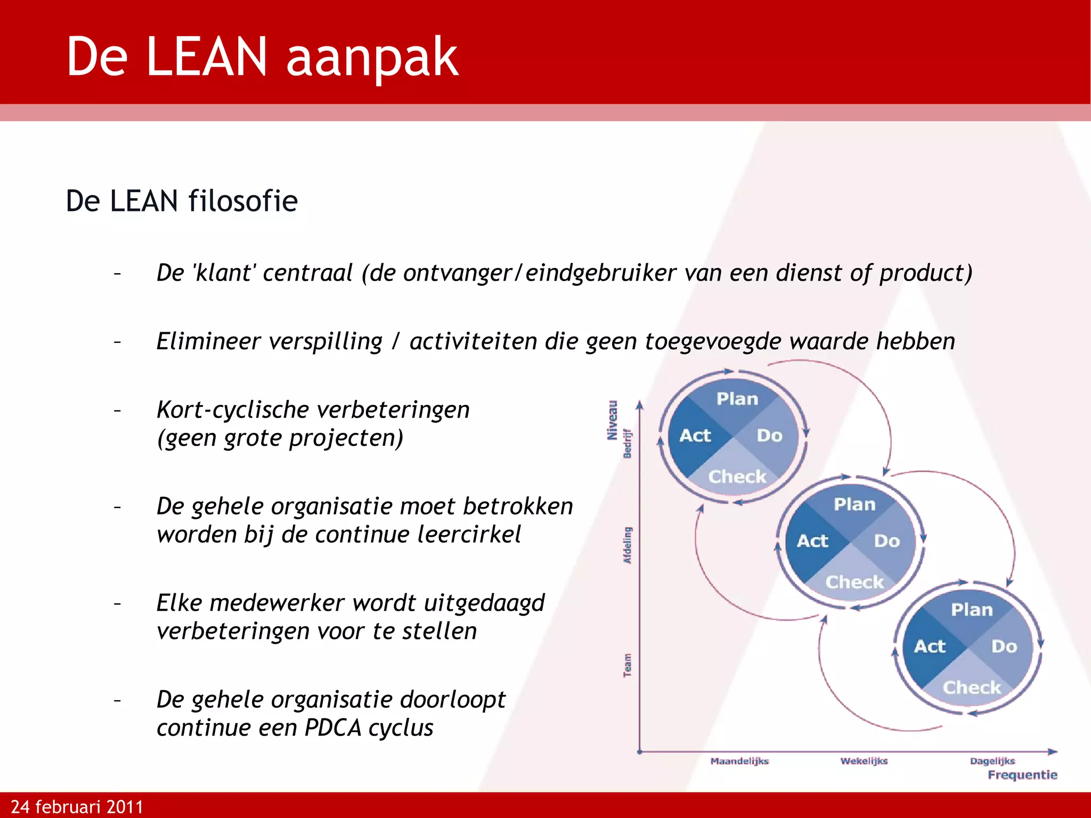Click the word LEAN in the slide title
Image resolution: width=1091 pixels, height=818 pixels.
(x=206, y=56)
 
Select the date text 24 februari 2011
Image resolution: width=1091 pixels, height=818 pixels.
(x=77, y=807)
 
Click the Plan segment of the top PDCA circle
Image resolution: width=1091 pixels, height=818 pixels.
(x=737, y=399)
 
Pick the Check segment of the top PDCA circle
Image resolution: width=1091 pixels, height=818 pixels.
(x=737, y=476)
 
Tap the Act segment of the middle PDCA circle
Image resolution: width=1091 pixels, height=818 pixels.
(x=812, y=541)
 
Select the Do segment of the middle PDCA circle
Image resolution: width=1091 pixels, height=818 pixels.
(x=887, y=541)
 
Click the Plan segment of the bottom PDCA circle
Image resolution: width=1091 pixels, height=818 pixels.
(x=972, y=610)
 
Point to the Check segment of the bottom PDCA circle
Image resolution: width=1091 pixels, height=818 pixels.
(x=972, y=688)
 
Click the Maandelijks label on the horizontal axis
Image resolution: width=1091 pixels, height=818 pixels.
(x=739, y=761)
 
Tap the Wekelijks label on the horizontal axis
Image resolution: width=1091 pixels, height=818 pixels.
(x=864, y=761)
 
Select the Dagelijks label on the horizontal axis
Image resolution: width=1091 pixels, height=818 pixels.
(x=992, y=761)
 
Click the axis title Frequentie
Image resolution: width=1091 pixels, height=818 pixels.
(x=1022, y=775)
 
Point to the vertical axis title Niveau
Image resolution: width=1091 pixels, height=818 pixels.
(x=613, y=420)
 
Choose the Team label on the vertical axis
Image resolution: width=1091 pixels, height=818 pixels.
(x=628, y=666)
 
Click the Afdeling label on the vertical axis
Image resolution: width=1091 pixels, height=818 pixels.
(x=628, y=545)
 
